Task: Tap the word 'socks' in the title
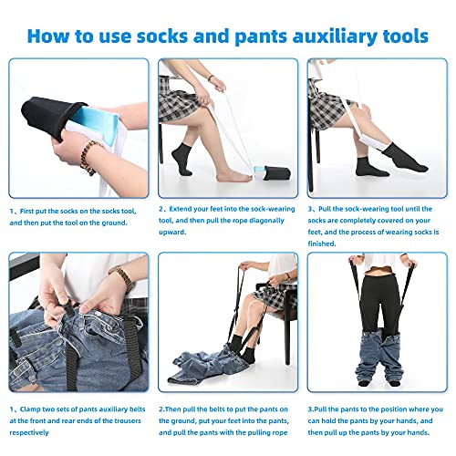pyautogui.click(x=162, y=36)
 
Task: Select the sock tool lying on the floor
pyautogui.click(x=273, y=173)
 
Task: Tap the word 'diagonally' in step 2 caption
pyautogui.click(x=266, y=221)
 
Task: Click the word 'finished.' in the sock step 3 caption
pyautogui.click(x=322, y=244)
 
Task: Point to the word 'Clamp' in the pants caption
pyautogui.click(x=29, y=409)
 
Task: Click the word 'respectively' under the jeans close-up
pyautogui.click(x=29, y=432)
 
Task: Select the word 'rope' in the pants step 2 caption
pyautogui.click(x=279, y=432)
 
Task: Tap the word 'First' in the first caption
pyautogui.click(x=26, y=211)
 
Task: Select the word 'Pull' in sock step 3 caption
pyautogui.click(x=325, y=209)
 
